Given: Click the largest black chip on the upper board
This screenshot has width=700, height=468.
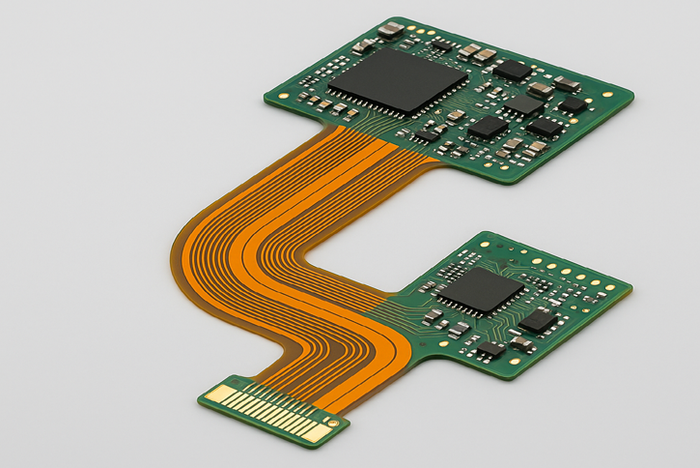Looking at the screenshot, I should coord(391,80).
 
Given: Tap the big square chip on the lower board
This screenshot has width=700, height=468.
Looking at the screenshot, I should coord(482,288).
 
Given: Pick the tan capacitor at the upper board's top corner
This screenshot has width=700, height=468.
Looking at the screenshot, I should coord(390,29).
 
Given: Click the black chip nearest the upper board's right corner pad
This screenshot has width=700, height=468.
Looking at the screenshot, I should coord(574,103).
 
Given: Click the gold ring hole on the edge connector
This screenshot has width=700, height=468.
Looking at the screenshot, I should coord(333,423).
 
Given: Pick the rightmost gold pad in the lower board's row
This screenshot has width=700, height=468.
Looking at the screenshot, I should coord(611,286).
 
